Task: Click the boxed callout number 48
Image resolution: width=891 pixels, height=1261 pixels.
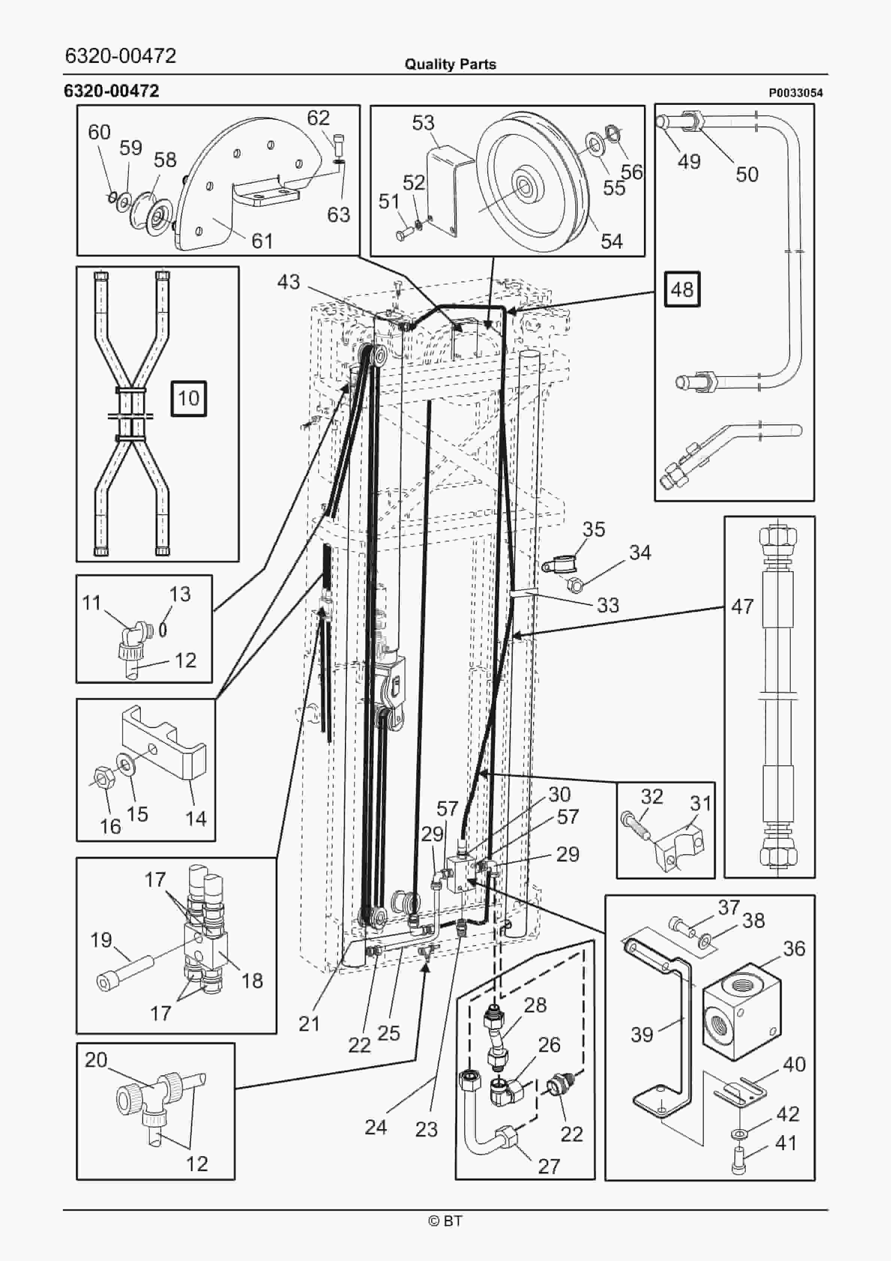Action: click(682, 289)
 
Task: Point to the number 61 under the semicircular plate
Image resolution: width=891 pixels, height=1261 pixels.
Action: click(262, 241)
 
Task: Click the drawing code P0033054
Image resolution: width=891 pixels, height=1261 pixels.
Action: click(796, 93)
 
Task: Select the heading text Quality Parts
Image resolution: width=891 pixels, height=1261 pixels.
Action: click(450, 64)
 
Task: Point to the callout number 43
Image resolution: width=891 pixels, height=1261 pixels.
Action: click(288, 282)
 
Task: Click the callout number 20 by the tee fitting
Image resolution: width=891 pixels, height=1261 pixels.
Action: click(95, 1060)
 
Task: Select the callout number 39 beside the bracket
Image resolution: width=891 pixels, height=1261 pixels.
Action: click(642, 1035)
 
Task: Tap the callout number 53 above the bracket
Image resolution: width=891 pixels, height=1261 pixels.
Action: click(423, 122)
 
